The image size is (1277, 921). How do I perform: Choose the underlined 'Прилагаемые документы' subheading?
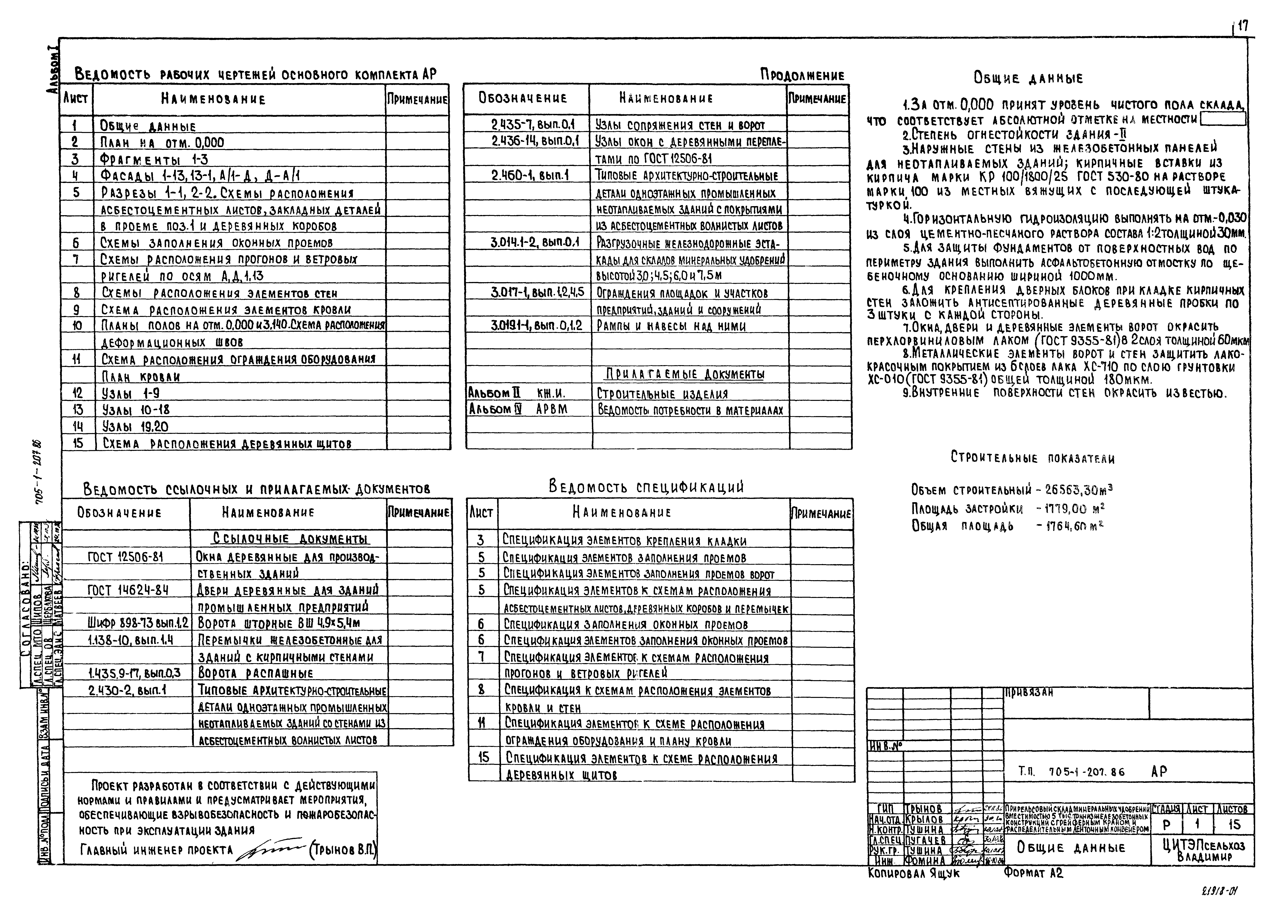pyautogui.click(x=685, y=374)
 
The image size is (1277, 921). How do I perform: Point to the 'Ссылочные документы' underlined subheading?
pyautogui.click(x=291, y=539)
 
